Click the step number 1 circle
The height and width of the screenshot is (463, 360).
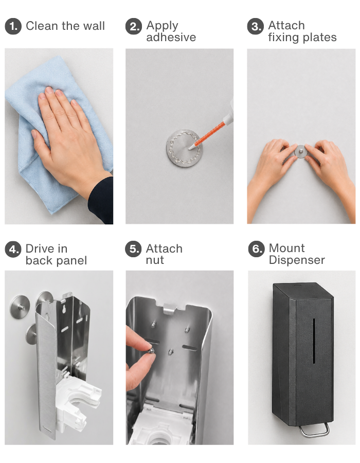click(13, 26)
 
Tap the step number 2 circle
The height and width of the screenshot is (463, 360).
click(134, 26)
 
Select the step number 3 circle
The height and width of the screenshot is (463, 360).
click(255, 26)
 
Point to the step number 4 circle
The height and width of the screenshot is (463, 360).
click(13, 250)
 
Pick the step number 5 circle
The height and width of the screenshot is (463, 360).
click(133, 249)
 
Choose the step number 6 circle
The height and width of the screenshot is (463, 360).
click(256, 249)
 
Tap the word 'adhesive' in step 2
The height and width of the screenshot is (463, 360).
click(171, 38)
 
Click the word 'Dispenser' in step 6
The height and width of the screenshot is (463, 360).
click(297, 260)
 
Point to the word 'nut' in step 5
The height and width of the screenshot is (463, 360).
click(155, 260)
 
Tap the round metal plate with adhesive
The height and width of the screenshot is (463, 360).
click(185, 148)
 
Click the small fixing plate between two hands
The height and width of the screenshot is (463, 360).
click(301, 151)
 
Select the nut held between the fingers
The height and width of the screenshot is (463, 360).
click(151, 351)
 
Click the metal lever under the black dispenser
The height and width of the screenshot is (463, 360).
click(314, 431)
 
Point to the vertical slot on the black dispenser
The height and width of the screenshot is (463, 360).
click(314, 341)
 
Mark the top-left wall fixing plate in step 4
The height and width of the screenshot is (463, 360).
click(20, 307)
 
